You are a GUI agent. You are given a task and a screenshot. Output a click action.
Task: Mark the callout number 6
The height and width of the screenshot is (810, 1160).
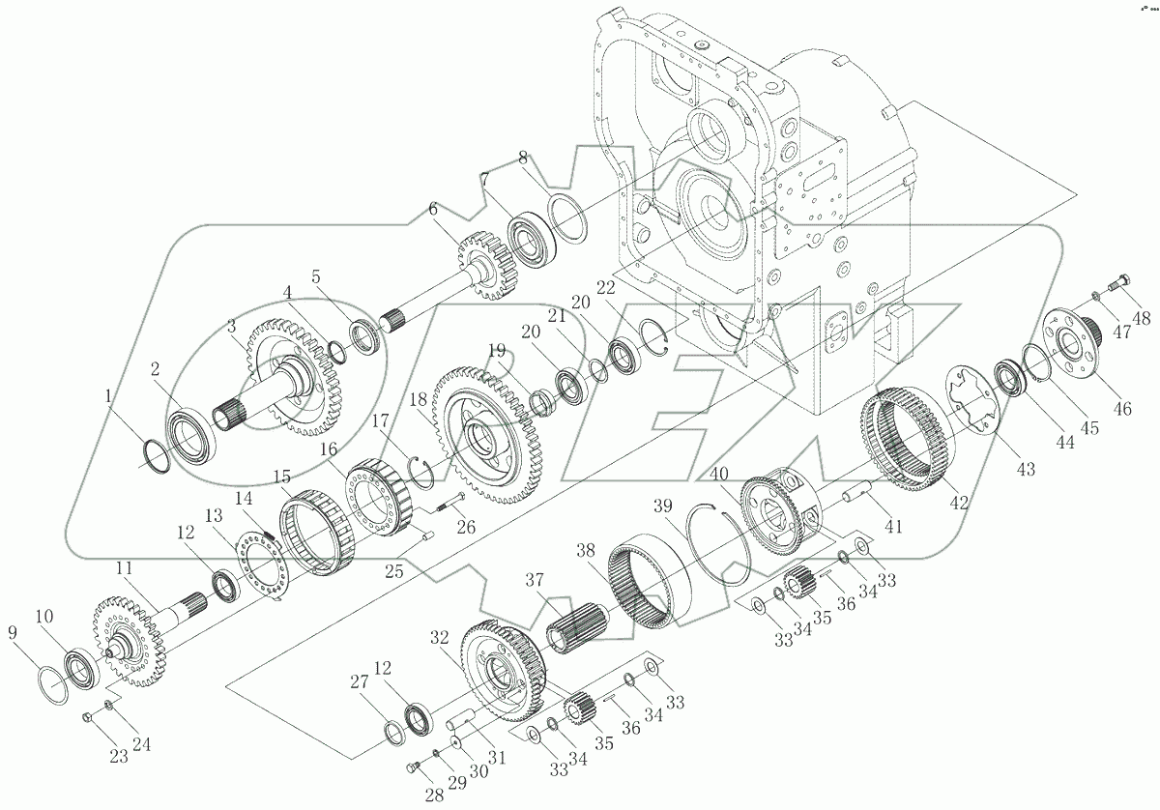click(x=433, y=209)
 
